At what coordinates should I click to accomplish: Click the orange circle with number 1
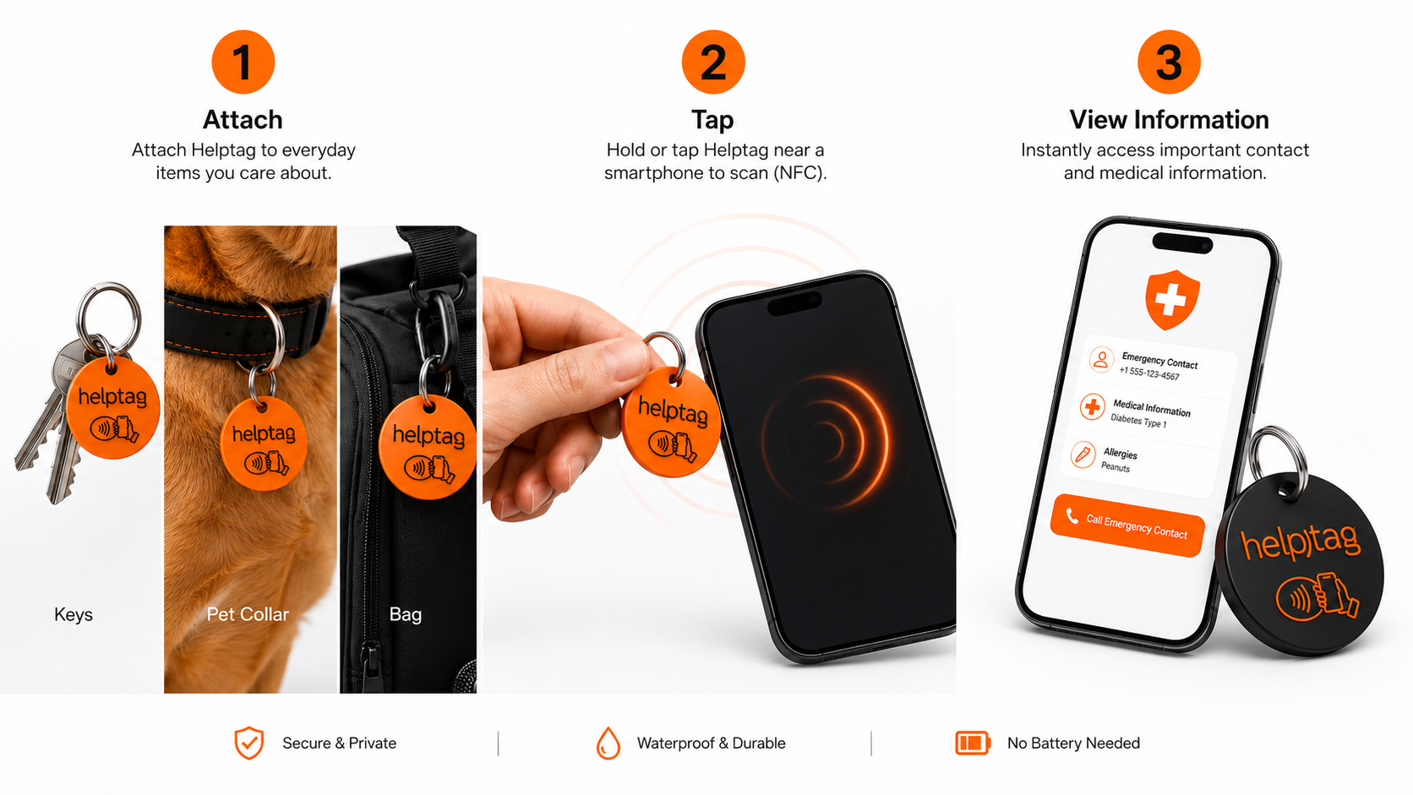[x=243, y=62]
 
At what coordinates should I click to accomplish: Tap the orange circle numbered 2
[x=713, y=62]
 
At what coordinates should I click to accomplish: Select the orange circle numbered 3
[x=1169, y=62]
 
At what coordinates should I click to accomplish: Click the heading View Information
[x=1169, y=120]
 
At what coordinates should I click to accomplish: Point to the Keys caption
[x=74, y=615]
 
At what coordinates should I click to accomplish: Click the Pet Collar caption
[x=248, y=615]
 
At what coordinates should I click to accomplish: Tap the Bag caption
[x=406, y=615]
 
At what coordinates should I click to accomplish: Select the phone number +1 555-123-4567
[x=1148, y=374]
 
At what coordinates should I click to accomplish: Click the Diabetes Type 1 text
[x=1138, y=421]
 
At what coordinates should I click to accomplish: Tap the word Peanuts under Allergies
[x=1116, y=467]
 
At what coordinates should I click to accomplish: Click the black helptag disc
[x=1300, y=564]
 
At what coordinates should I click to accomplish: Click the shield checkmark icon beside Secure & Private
[x=249, y=743]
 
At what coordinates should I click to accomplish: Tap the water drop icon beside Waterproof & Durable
[x=608, y=743]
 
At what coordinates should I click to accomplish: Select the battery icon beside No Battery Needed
[x=972, y=743]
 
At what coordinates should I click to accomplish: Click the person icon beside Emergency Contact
[x=1101, y=360]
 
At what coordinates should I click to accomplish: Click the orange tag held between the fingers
[x=671, y=422]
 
